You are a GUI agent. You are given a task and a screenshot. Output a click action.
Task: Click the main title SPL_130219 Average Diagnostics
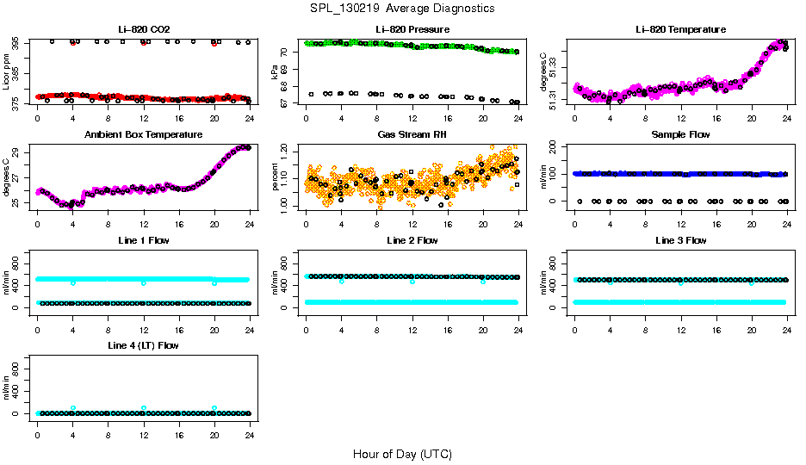coord(403,9)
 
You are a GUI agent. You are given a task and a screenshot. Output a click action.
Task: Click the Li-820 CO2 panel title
coord(144,29)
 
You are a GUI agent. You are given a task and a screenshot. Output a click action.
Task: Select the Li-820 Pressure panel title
coord(412,29)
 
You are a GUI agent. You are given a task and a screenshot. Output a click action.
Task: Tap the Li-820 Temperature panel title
coord(680,29)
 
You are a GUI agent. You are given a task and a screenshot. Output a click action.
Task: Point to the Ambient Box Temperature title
coord(144,135)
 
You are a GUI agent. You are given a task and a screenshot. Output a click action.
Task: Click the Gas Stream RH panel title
coord(412,135)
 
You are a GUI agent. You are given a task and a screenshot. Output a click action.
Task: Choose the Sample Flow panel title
coord(680,135)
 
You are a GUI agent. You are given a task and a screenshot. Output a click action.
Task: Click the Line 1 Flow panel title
coord(144,240)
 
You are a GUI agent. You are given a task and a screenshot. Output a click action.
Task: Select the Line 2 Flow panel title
coord(412,240)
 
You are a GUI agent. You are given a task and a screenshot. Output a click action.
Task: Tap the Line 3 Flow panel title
coord(680,240)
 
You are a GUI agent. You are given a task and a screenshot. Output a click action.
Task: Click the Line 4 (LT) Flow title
coord(144,345)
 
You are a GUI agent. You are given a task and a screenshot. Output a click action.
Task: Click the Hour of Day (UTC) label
coord(402,454)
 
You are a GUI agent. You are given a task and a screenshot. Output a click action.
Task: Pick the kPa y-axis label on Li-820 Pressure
coord(275,72)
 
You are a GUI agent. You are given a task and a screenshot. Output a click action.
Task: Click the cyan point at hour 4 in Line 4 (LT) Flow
coord(73,408)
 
